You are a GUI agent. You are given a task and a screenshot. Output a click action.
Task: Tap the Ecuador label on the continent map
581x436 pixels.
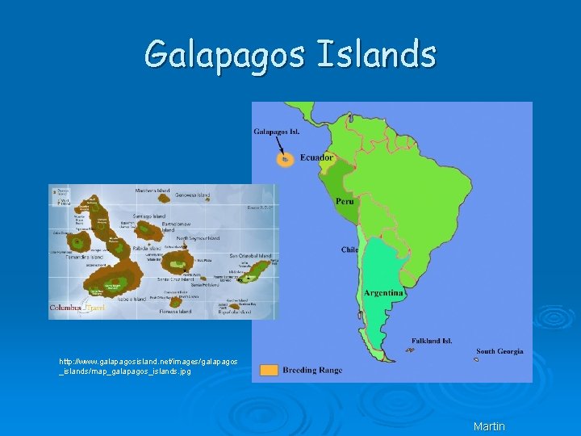316,157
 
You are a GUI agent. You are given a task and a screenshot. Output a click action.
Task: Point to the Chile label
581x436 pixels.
349,249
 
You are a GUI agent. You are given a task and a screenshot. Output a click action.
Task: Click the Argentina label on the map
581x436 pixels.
383,292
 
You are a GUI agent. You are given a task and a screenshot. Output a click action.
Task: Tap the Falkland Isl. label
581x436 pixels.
433,341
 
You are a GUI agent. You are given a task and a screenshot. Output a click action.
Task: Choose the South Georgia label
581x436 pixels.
499,351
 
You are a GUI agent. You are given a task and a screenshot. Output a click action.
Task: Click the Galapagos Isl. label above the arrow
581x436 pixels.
278,132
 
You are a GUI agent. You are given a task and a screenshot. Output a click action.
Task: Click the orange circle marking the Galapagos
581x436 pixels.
284,160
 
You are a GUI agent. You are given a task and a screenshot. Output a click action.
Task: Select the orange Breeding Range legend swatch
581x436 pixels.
270,370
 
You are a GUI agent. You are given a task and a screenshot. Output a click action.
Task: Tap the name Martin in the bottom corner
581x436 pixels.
489,426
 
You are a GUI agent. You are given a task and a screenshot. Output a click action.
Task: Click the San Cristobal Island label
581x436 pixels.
251,255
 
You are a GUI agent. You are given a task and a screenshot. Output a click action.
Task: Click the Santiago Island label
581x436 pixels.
148,216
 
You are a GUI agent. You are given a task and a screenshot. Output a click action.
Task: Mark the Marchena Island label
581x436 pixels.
153,191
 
